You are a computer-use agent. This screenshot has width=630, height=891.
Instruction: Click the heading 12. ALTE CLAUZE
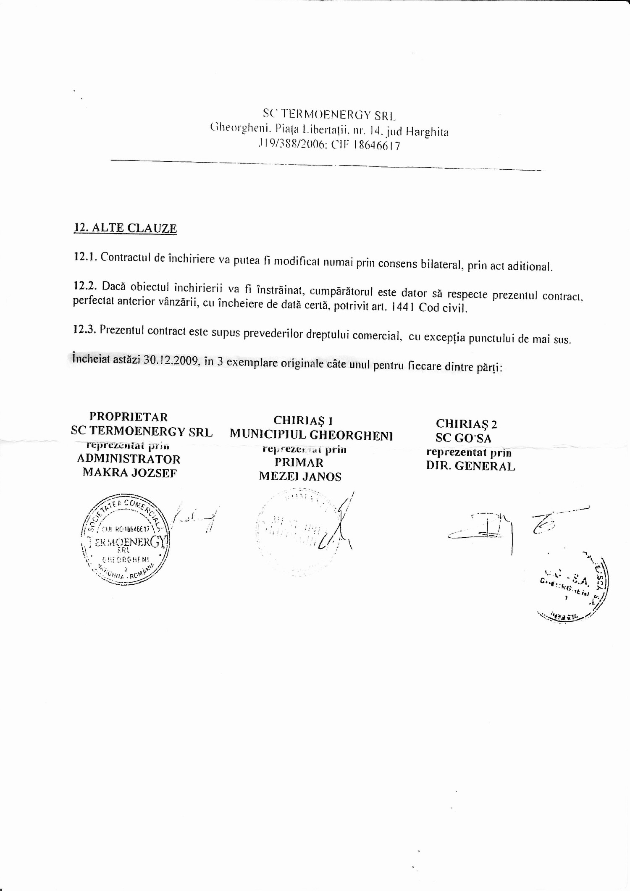click(x=125, y=228)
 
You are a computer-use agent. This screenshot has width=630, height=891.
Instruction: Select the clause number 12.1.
click(x=85, y=256)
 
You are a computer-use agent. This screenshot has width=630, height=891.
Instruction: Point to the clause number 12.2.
click(x=85, y=286)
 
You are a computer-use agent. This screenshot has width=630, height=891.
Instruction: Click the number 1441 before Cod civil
click(x=403, y=307)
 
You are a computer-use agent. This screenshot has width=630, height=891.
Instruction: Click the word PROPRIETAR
click(x=129, y=417)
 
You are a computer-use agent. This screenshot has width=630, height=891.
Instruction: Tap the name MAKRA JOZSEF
click(x=129, y=473)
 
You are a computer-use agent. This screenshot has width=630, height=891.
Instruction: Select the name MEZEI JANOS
click(x=300, y=476)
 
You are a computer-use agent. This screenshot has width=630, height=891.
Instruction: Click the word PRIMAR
click(x=299, y=463)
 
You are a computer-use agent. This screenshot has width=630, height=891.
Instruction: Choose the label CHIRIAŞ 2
click(x=466, y=423)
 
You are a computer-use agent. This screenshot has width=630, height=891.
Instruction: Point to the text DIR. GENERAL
click(x=470, y=466)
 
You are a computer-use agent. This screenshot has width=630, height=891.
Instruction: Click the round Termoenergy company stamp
click(x=125, y=540)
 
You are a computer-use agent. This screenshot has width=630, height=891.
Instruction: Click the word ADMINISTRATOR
click(x=129, y=459)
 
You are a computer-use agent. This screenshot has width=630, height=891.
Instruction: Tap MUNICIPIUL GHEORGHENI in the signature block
click(x=311, y=435)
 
